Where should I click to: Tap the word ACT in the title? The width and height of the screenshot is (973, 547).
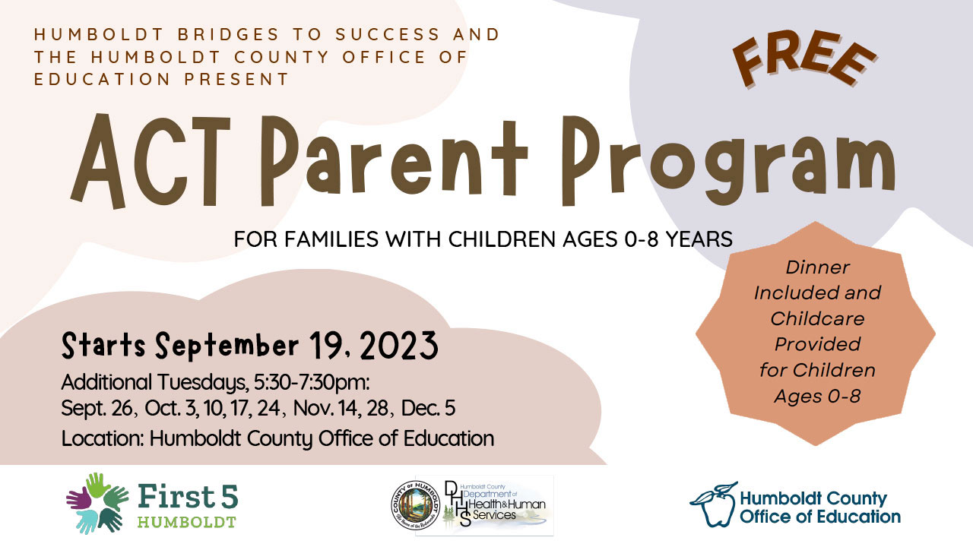tap(151, 161)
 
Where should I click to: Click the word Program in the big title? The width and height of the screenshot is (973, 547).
tap(728, 161)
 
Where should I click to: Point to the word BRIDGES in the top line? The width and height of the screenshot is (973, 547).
tap(228, 34)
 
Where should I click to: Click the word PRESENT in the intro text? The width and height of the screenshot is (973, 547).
tap(236, 80)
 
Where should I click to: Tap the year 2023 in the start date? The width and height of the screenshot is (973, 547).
tap(398, 346)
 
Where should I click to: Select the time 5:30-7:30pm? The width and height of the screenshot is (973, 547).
tap(312, 382)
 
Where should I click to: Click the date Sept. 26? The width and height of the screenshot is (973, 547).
tap(97, 409)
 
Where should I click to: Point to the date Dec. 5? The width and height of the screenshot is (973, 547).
tap(428, 409)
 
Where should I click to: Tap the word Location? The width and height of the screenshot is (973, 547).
tap(103, 438)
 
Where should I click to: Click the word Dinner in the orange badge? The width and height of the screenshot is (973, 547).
tap(817, 267)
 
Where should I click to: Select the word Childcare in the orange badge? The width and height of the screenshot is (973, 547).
tap(817, 319)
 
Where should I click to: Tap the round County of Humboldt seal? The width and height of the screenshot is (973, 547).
tap(415, 506)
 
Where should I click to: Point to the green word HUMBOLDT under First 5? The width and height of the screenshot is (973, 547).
tap(187, 522)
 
